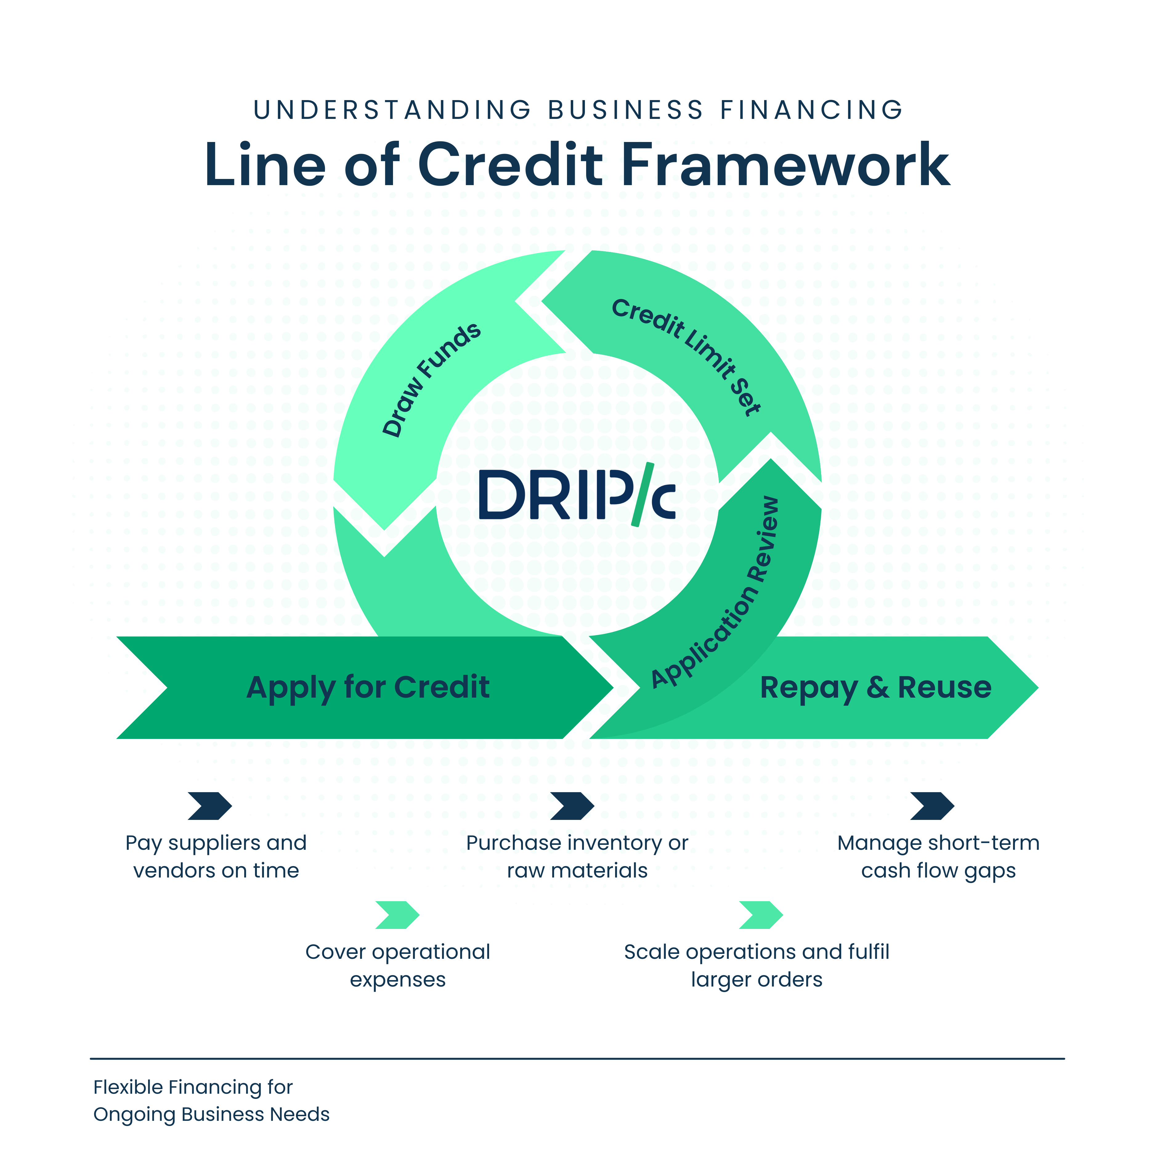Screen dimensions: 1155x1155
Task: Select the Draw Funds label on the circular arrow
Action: pos(432,380)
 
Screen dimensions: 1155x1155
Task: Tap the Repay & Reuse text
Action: pos(875,687)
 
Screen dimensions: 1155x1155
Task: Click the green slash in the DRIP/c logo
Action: pos(642,494)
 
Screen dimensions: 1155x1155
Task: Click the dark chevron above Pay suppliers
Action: pos(209,806)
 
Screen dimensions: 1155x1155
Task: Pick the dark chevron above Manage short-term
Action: pos(932,806)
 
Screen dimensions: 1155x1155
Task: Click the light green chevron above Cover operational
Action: pos(397,915)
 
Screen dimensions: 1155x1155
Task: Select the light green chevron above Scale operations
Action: pos(760,915)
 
